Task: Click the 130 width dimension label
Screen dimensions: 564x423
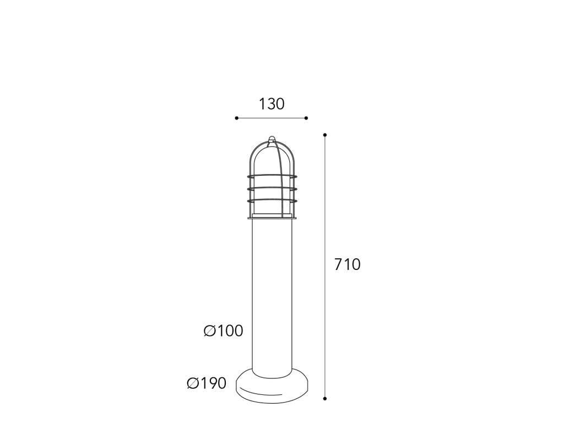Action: pyautogui.click(x=272, y=104)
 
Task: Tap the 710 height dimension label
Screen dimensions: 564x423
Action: pyautogui.click(x=347, y=264)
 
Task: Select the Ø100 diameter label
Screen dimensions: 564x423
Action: pyautogui.click(x=224, y=330)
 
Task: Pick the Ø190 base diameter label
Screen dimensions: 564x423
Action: pyautogui.click(x=207, y=383)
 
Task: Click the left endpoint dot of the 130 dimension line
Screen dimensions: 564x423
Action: pyautogui.click(x=236, y=118)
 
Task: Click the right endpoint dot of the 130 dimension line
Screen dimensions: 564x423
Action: pyautogui.click(x=306, y=118)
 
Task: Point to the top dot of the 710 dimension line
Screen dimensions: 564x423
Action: pyautogui.click(x=325, y=135)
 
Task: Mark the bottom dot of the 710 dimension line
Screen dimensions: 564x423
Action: pyautogui.click(x=325, y=399)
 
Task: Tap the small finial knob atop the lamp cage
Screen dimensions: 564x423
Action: pyautogui.click(x=272, y=138)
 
